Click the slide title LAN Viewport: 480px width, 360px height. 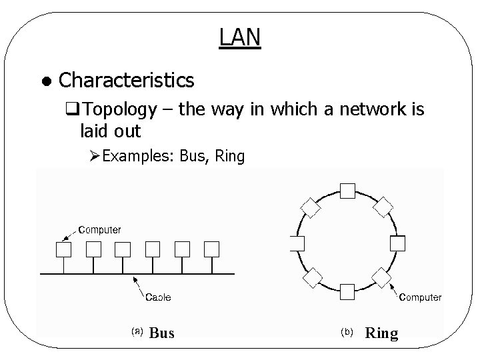239,38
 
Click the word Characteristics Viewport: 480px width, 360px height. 127,81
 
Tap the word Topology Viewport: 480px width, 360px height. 121,110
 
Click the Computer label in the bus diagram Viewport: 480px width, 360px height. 100,230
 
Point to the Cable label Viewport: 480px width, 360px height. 158,297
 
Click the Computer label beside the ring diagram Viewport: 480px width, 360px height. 420,297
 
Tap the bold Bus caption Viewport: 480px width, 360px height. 162,333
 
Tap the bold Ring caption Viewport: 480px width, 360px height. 381,333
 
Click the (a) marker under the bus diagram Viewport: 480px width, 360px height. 136,331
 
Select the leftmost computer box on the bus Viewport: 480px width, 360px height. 64,249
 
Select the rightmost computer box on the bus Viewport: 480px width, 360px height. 211,249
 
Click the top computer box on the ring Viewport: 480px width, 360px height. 347,191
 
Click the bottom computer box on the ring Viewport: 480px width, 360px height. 347,291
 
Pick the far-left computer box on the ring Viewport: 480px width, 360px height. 297,243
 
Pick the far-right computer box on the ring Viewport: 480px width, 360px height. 398,243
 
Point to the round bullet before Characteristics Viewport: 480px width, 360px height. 44,82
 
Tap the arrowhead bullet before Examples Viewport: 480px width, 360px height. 94,157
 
